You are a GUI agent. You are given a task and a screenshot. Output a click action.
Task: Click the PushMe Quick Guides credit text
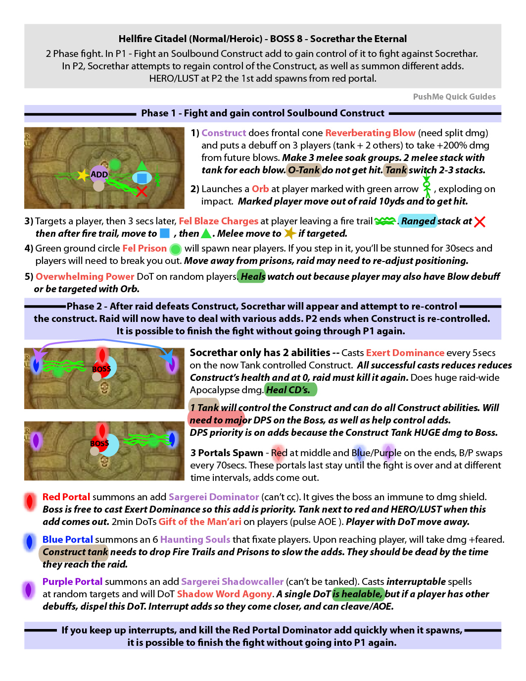454,97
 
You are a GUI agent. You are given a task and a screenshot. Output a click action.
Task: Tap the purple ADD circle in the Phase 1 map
99,174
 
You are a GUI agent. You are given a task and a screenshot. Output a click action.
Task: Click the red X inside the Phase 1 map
142,191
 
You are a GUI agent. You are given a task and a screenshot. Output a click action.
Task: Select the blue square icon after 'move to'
165,233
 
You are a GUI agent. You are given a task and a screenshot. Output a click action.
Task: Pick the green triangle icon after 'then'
206,233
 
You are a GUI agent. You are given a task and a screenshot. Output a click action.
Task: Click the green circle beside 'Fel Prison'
175,249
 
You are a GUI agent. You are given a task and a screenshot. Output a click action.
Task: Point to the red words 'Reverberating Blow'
370,133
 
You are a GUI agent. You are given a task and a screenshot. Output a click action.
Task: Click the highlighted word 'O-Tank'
303,170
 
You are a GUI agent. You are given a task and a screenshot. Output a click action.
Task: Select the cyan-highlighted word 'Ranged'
418,221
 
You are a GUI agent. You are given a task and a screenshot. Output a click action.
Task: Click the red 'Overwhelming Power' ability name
85,276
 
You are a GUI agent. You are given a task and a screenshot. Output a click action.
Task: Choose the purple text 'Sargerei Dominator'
214,497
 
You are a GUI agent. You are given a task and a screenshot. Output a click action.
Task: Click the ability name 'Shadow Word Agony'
224,594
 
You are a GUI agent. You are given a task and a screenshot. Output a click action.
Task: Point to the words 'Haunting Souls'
195,539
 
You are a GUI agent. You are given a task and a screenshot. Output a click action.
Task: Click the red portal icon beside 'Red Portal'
30,501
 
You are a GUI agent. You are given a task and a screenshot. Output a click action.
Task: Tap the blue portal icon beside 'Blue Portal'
29,541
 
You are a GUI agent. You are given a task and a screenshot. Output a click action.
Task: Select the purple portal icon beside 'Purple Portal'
29,589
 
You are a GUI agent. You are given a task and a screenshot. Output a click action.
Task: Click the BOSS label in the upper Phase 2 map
101,369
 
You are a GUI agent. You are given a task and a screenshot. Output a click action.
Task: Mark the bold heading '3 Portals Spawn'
227,453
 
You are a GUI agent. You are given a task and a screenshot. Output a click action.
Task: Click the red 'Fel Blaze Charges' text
218,221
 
